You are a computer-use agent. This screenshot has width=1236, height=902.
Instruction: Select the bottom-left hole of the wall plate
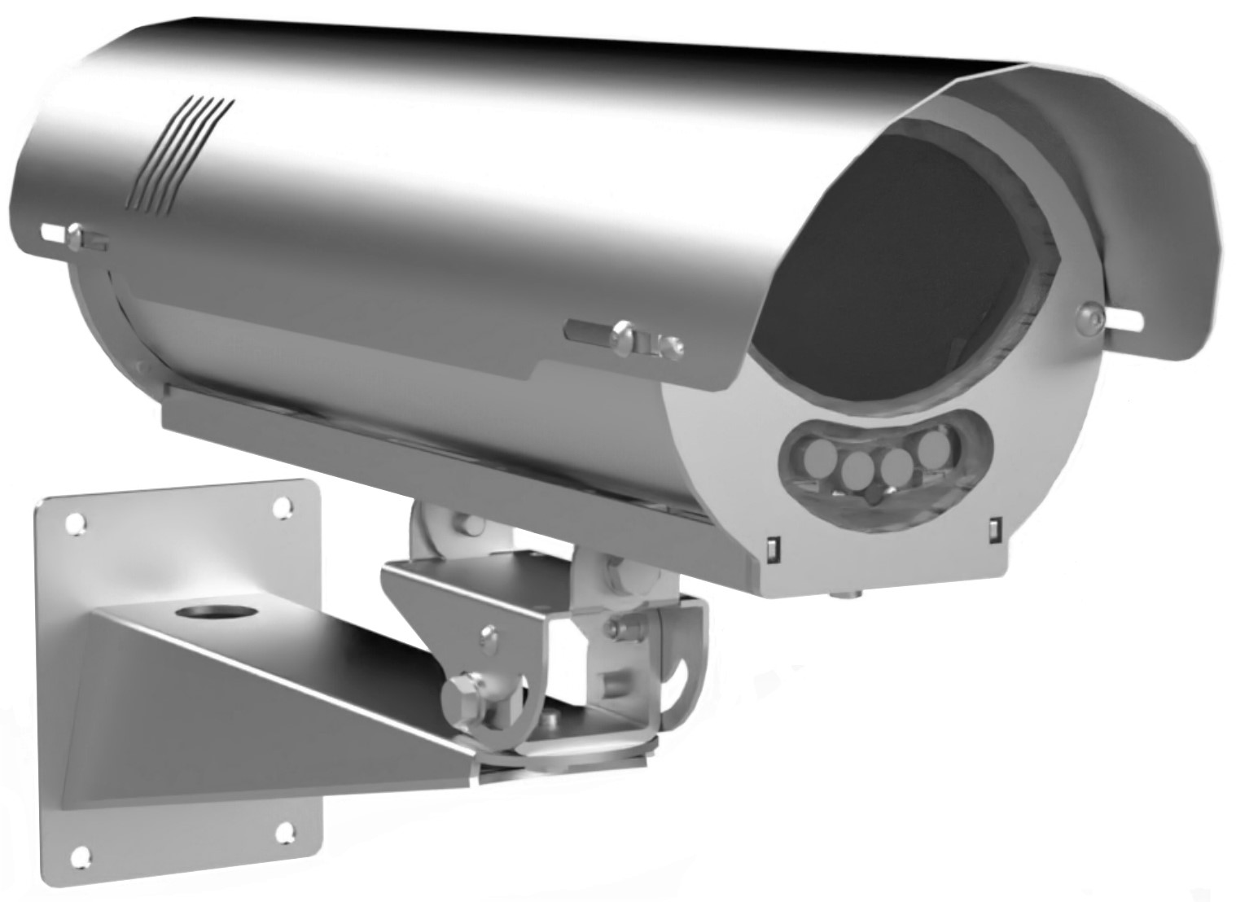coord(80,855)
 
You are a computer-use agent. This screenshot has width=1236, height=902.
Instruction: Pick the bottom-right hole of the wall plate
coord(285,831)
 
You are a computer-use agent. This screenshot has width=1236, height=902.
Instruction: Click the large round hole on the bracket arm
coord(208,611)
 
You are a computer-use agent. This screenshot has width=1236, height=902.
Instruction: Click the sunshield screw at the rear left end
coord(75,237)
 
